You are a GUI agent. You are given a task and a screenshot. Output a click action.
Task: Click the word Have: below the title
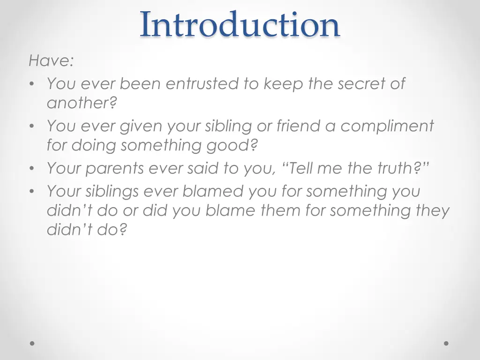pos(51,60)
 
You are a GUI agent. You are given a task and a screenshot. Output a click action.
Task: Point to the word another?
pos(82,103)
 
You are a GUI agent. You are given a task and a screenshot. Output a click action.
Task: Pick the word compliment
pos(387,126)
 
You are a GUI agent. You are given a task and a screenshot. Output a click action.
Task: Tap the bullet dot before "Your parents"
pos(31,169)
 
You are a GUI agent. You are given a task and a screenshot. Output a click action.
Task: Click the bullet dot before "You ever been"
pos(31,84)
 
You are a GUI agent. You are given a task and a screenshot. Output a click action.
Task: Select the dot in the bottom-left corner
pos(32,343)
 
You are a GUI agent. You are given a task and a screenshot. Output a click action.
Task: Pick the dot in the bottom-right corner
pos(446,343)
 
